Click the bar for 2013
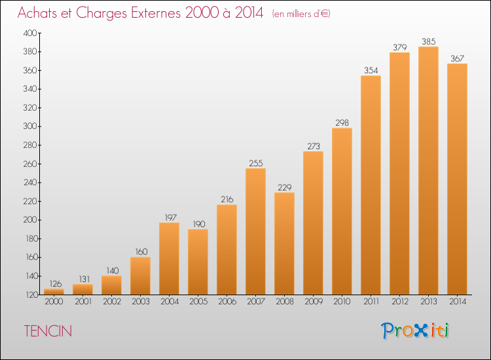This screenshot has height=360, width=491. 428,171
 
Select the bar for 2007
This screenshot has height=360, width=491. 255,231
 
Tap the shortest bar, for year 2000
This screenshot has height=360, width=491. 54,292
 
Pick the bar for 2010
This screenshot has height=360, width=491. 342,211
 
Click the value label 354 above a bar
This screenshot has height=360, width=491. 371,71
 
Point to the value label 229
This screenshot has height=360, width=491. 284,187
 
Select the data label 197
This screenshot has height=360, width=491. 171,217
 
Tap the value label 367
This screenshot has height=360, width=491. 457,58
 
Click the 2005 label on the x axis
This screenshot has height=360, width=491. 198,302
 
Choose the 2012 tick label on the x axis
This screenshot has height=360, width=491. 400,302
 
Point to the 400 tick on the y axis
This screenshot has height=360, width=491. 29,33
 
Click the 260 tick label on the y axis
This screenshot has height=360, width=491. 29,164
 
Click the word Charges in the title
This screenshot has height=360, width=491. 101,13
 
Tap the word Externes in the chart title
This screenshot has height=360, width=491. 156,12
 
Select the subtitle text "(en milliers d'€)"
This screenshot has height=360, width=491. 301,14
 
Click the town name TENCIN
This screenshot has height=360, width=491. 48,331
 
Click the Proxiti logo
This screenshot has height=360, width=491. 415,331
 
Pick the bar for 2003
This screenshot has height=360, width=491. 140,276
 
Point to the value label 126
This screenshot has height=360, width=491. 56,284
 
